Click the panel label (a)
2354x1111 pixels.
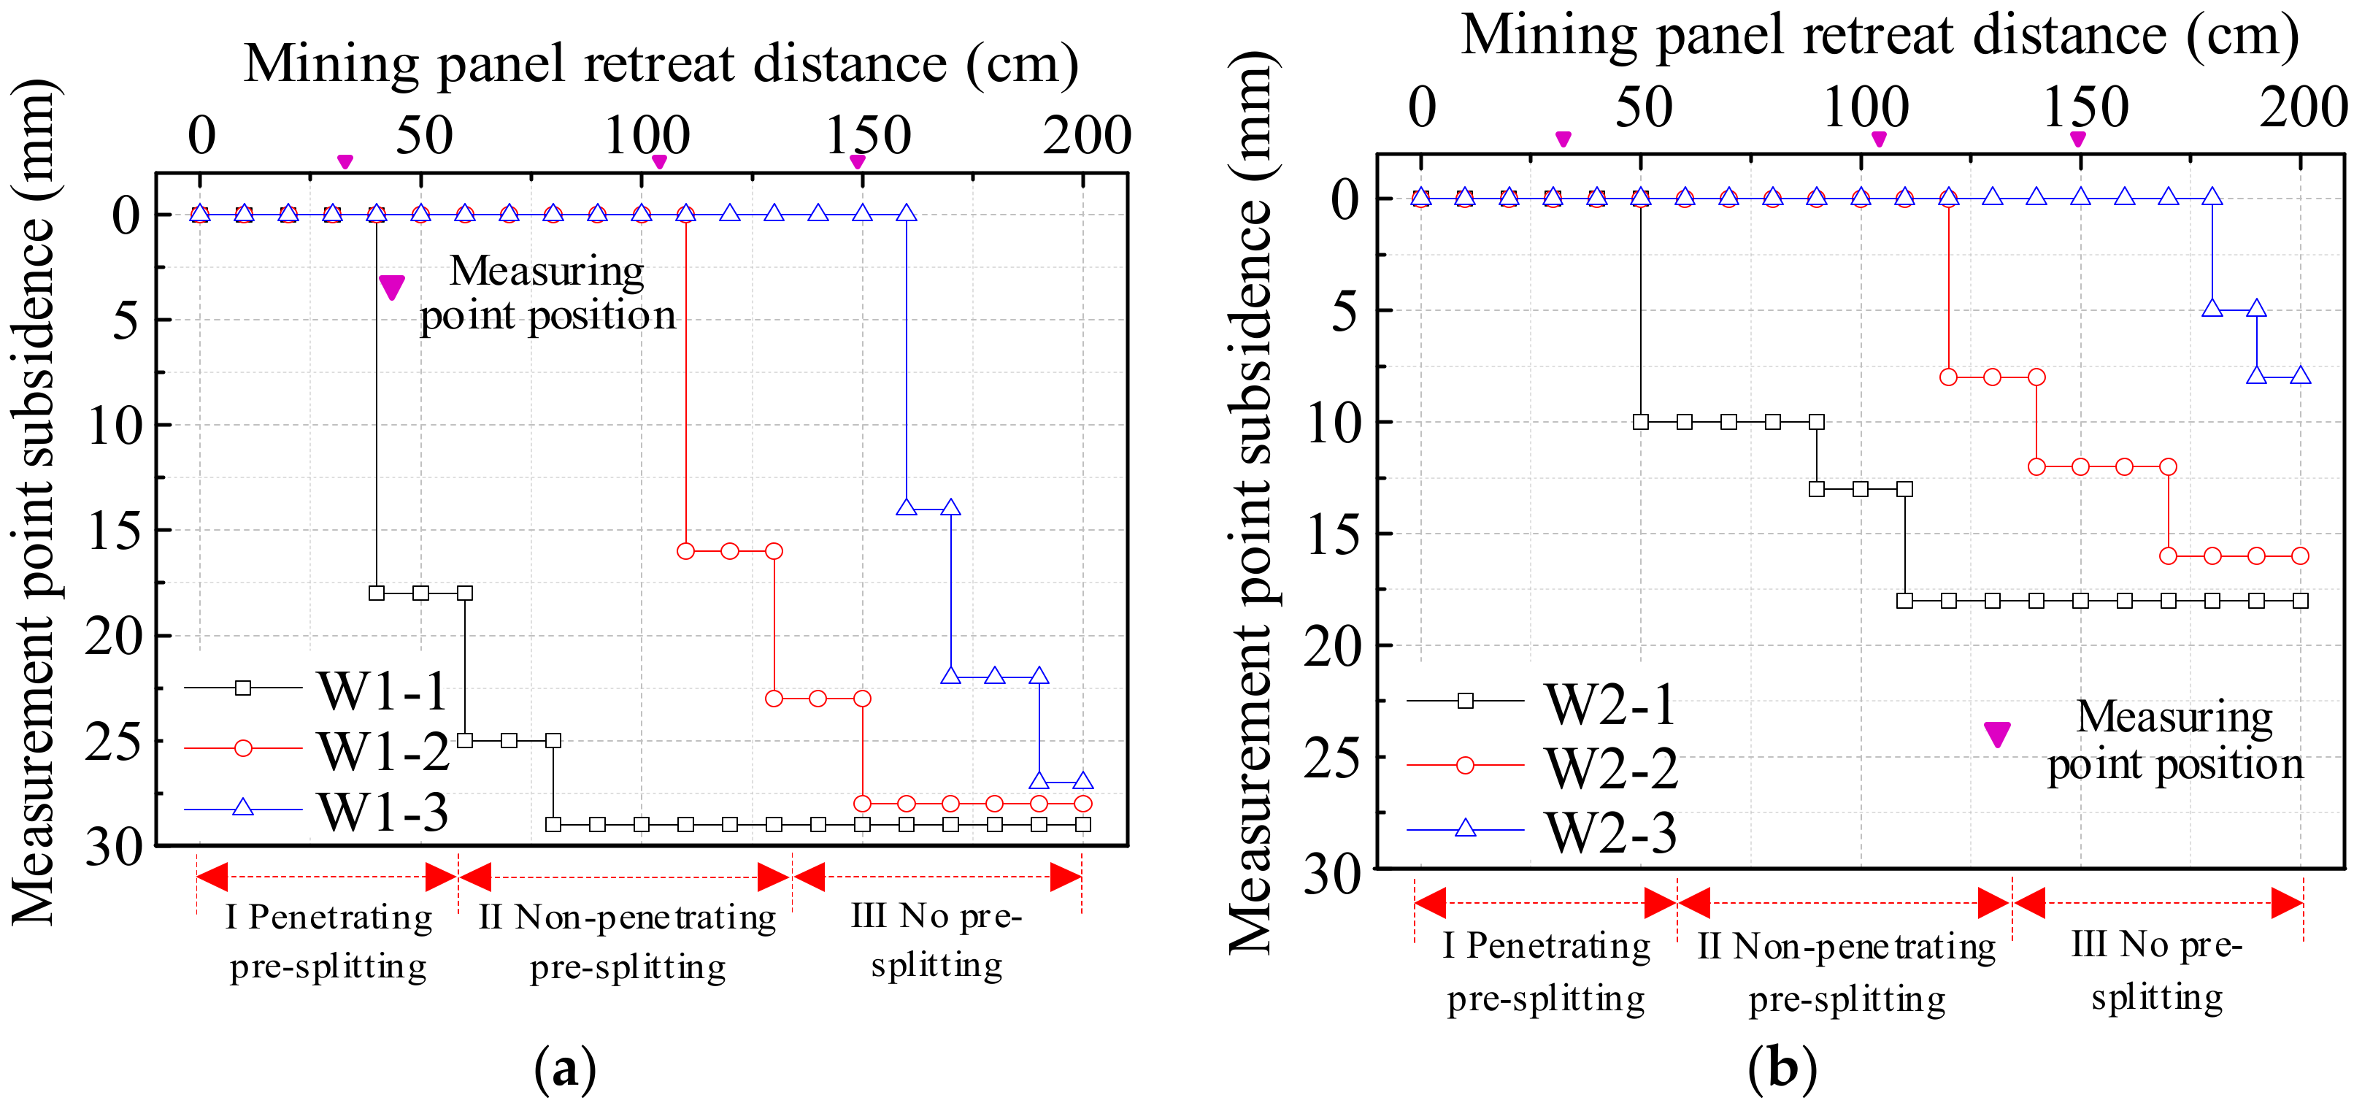(x=565, y=1067)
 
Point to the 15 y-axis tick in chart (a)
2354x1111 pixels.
(x=114, y=530)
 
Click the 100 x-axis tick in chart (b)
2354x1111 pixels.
(x=1865, y=108)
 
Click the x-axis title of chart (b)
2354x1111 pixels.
(x=1879, y=36)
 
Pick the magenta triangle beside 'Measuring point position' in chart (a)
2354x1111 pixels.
(x=391, y=287)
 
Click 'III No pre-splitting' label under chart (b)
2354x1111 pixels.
(x=2157, y=970)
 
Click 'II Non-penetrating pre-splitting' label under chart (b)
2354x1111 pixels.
(x=1847, y=972)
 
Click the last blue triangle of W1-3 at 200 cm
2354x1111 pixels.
(x=1083, y=781)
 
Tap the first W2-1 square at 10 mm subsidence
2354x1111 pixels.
(x=1640, y=422)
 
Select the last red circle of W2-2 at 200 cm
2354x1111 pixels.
(x=2300, y=555)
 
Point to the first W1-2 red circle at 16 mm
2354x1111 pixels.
(x=685, y=551)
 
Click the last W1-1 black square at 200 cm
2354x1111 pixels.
(x=1083, y=824)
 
